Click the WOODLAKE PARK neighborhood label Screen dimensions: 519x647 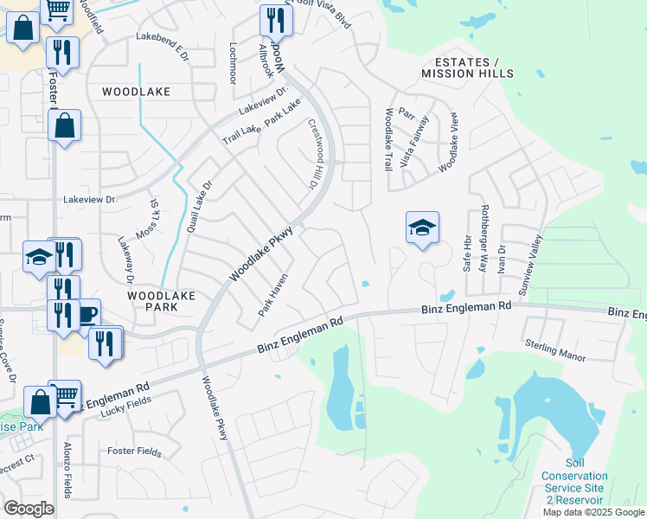coord(162,301)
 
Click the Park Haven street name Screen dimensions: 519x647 coord(272,295)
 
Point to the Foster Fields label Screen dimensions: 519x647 coord(134,451)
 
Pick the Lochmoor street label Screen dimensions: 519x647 coord(232,62)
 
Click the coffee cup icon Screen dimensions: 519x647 coord(87,313)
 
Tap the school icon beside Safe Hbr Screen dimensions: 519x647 coord(422,228)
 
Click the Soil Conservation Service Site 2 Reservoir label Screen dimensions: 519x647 coord(574,488)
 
